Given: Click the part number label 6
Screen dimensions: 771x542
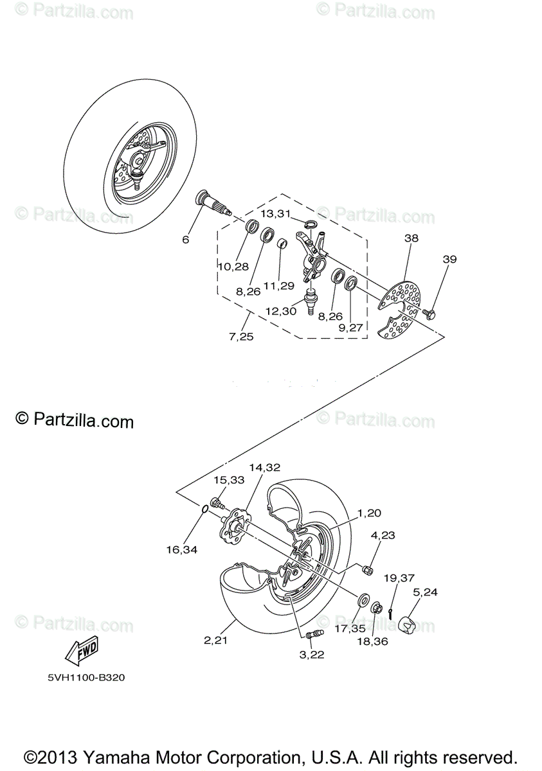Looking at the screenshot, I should point(185,240).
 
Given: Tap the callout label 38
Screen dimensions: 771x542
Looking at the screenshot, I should point(411,238).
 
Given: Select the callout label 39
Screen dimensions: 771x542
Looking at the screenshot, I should point(449,259).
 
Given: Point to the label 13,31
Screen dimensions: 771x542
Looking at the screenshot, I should point(276,213).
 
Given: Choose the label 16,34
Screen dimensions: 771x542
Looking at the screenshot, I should point(181,549).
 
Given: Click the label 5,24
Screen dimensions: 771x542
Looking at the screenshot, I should point(425,592).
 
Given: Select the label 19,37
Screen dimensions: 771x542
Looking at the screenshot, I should point(399,578).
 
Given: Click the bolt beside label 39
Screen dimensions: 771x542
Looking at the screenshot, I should point(429,314).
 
